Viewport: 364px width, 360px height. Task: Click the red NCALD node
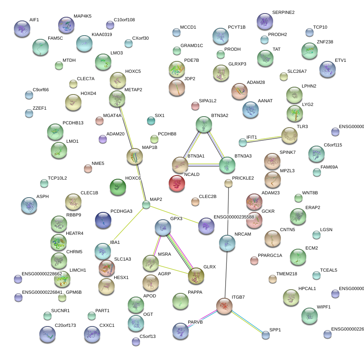pos(177,183)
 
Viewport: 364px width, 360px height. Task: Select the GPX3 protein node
pos(163,228)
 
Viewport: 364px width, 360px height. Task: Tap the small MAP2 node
pos(146,205)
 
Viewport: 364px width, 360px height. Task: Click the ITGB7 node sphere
pos(224,306)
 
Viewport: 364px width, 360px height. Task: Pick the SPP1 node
pos(266,335)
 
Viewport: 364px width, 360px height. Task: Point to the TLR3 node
pos(289,135)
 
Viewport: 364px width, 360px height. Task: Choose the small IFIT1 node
pos(243,142)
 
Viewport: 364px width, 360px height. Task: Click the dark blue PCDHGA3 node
pos(103,220)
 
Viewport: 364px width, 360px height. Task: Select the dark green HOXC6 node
pos(118,187)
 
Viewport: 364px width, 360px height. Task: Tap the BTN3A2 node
pos(203,124)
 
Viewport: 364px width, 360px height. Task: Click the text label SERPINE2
pos(283,13)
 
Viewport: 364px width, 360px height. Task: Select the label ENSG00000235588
pos(234,217)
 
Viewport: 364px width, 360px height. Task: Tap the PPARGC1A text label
pos(270,256)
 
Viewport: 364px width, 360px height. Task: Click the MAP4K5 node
pos(66,25)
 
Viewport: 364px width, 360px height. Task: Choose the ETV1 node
pos(327,69)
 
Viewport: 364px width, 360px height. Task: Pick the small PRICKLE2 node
pos(228,183)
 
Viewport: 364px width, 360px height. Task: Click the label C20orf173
pos(65,326)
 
